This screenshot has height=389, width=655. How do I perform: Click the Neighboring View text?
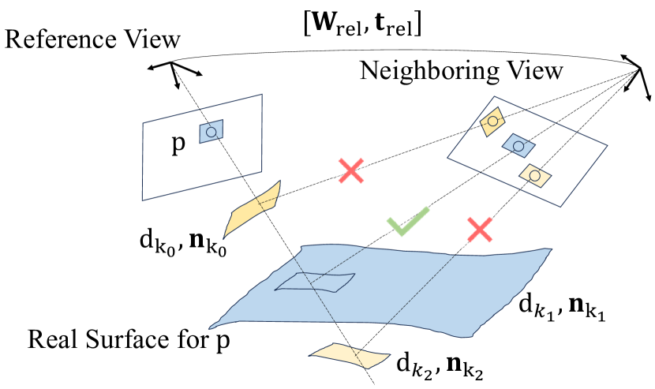coord(461,71)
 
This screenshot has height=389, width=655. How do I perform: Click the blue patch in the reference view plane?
coord(211,132)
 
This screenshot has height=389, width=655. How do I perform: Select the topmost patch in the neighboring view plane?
coord(493,121)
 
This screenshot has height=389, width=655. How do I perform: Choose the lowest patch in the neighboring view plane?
coord(534,175)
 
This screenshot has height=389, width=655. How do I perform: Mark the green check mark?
coord(407,221)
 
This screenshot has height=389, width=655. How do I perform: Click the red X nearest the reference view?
coord(351,170)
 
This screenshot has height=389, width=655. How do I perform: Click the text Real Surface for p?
coord(133,342)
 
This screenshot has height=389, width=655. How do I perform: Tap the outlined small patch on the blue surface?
coord(314,282)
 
